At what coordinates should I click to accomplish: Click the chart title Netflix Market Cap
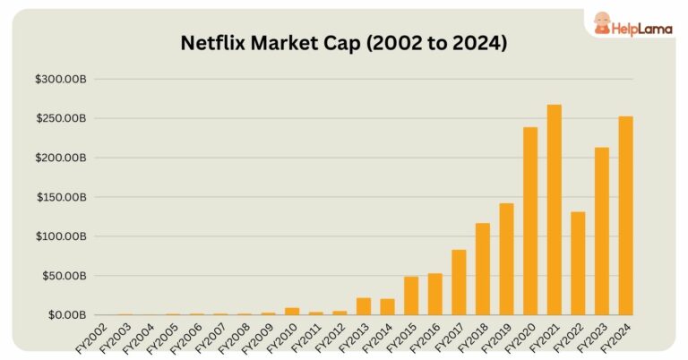point(344,43)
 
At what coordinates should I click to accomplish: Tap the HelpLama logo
point(630,24)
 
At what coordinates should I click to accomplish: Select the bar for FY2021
point(555,210)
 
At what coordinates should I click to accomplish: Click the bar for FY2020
point(530,221)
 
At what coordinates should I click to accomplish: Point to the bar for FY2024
point(625,216)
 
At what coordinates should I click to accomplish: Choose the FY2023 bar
point(602,231)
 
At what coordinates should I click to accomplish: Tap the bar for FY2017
point(459,282)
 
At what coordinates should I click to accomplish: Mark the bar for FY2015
point(411,296)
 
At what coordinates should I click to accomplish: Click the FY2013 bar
point(364,306)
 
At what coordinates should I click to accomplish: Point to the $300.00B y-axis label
point(60,80)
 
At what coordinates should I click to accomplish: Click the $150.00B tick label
point(60,197)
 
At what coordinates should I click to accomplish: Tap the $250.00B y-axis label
point(60,119)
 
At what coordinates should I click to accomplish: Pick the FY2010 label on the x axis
point(283,336)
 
